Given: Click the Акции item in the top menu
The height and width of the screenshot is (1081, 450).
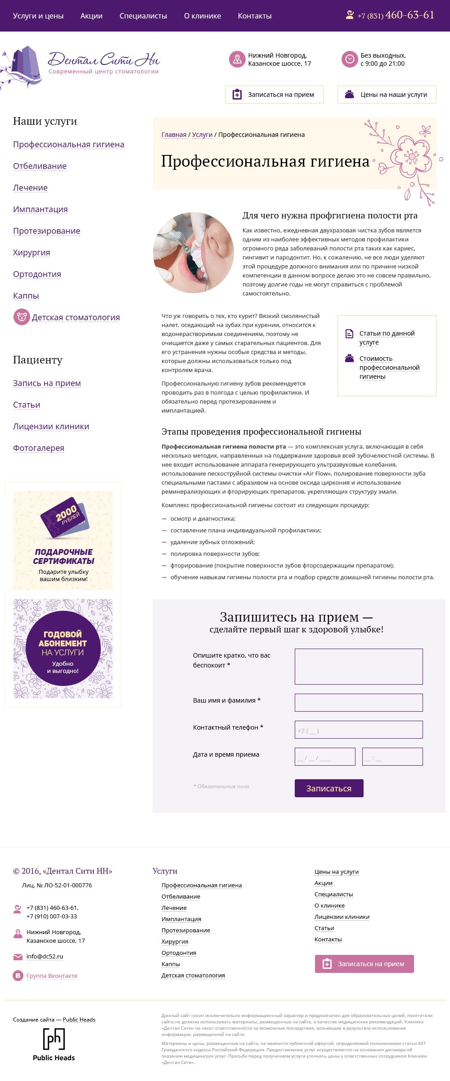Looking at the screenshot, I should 91,16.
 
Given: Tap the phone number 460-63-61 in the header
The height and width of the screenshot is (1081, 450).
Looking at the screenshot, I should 409,15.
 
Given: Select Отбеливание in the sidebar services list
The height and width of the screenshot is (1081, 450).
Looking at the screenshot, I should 40,166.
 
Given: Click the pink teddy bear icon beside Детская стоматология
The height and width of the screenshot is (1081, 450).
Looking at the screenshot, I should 21,317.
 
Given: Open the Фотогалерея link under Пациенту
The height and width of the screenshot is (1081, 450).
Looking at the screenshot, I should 39,448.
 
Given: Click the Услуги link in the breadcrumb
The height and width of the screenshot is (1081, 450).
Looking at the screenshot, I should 202,135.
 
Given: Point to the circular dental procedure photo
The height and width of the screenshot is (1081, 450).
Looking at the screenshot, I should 193,253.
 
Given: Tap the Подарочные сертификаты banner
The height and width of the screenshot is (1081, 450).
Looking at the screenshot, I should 63,540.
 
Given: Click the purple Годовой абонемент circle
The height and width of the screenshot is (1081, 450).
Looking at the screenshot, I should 63,648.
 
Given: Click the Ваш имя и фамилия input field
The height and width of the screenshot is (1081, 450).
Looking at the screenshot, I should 359,703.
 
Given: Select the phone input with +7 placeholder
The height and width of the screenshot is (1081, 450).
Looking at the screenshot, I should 359,730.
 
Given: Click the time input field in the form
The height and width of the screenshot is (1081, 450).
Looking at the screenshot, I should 392,757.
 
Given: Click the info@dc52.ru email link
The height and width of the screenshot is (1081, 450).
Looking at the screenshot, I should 45,956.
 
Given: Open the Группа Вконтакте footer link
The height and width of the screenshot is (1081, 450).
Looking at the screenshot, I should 52,976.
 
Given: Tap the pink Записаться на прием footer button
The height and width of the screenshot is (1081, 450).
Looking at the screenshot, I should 364,964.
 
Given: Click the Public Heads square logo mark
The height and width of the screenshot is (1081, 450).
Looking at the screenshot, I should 54,1039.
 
